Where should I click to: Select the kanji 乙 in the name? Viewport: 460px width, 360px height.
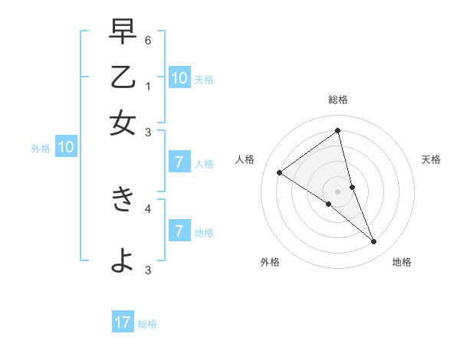coord(123,78)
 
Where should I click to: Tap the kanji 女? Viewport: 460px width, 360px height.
coord(123,123)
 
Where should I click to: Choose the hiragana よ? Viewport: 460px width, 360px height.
coord(123,261)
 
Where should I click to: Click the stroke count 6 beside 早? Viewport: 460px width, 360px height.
coord(149,39)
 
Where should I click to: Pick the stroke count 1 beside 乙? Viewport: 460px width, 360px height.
coord(149,87)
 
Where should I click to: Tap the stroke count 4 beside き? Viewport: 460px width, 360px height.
coord(149,208)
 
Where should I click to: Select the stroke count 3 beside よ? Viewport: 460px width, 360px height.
coord(149,269)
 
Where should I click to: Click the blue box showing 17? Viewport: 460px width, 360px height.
coord(123,322)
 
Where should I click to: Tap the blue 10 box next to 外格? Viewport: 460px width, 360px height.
coord(66,148)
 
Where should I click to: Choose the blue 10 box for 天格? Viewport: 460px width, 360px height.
coord(179,77)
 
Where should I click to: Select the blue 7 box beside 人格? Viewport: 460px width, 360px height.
coord(179,162)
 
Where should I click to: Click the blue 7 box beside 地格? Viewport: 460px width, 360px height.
coord(179,231)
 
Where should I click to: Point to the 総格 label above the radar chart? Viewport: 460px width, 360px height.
coord(338,100)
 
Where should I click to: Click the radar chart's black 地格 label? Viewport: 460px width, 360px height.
coord(402,262)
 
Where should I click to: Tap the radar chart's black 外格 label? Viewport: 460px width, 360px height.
coord(270,262)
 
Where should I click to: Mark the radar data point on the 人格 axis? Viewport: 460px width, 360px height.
coord(279,172)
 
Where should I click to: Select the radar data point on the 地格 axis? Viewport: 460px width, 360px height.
coord(374,242)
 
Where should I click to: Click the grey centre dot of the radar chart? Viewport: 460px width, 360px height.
coord(337,191)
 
